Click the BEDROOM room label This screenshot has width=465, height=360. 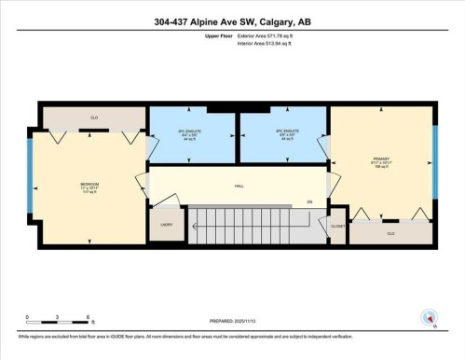point(89,186)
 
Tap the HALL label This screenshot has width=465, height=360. point(239,187)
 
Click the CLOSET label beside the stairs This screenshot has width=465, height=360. point(337,225)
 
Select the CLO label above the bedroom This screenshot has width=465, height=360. point(94,118)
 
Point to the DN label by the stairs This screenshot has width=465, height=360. point(310,202)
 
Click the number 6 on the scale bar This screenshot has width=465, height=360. point(88,319)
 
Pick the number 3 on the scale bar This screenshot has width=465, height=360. point(58,319)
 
